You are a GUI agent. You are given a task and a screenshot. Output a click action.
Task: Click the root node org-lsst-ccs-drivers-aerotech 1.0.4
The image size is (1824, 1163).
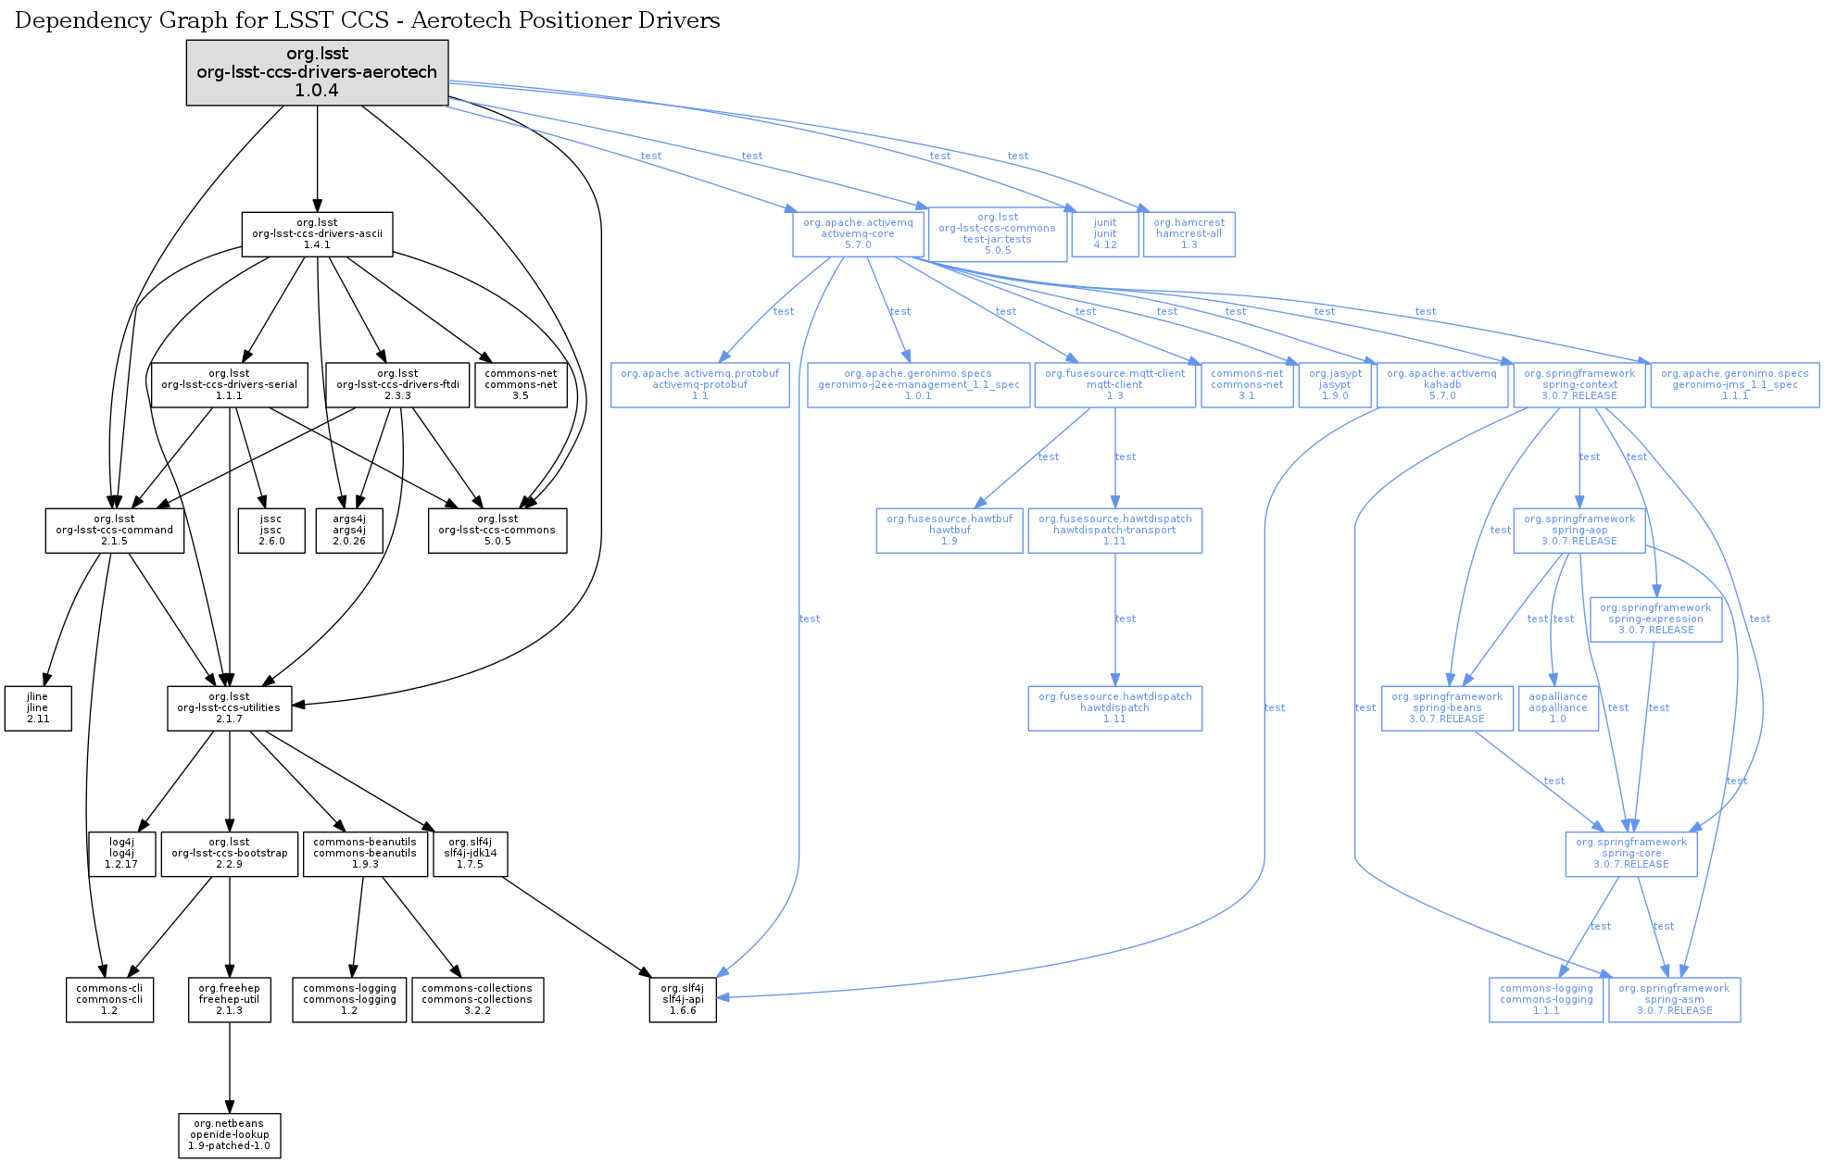point(317,72)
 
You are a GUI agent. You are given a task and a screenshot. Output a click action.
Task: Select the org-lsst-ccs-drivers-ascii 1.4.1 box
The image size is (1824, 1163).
point(317,234)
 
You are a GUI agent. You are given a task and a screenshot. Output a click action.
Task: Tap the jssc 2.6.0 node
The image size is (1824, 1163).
point(270,531)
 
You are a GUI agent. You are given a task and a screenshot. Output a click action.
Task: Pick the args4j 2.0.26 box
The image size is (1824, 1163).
point(349,531)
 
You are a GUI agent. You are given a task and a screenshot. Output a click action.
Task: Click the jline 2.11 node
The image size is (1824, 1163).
point(38,708)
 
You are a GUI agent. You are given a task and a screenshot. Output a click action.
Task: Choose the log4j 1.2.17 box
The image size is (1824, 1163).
point(121,854)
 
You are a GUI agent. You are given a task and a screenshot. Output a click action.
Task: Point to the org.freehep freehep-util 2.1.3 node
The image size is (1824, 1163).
point(229,1000)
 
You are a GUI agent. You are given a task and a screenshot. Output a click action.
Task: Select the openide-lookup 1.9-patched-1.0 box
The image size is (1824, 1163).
point(229,1135)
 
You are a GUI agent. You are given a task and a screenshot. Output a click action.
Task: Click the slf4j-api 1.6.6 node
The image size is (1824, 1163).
point(683,1000)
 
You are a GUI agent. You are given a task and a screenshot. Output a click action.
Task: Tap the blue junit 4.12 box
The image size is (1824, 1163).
point(1105,234)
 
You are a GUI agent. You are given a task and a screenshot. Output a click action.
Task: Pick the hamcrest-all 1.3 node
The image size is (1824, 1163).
point(1189,234)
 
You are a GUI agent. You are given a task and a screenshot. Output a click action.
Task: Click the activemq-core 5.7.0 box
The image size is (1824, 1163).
point(858,234)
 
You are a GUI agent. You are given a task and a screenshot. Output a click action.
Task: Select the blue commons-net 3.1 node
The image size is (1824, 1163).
point(1247,385)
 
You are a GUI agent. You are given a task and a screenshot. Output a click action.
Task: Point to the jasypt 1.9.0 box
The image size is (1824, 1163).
point(1335,385)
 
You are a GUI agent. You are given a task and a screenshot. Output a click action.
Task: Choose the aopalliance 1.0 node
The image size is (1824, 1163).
point(1558,708)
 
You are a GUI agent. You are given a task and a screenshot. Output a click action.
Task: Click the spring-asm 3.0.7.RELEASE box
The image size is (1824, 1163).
point(1674,1000)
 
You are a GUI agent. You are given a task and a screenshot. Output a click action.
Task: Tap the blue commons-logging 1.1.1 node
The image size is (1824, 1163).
point(1546,1000)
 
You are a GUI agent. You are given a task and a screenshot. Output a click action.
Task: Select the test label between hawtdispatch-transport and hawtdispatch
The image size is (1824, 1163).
point(1126,619)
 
